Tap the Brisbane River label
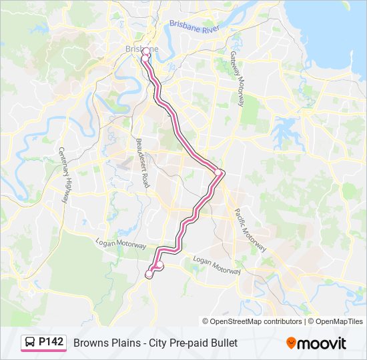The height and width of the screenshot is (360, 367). (x=195, y=27)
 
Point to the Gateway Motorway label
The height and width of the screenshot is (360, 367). (x=237, y=79)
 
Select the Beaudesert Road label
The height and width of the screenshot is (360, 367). (x=142, y=163)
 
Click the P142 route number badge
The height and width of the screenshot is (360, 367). (x=51, y=343)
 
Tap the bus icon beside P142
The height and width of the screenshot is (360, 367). (x=31, y=343)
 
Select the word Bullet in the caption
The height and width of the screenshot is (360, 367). (x=222, y=343)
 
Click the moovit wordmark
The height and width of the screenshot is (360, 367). (x=322, y=343)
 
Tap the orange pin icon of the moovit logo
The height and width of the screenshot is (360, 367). (x=291, y=343)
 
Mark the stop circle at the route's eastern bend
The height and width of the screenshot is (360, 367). (x=218, y=173)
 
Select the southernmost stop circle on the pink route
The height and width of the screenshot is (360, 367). (x=149, y=274)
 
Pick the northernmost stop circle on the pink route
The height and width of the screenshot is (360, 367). (x=145, y=51)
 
